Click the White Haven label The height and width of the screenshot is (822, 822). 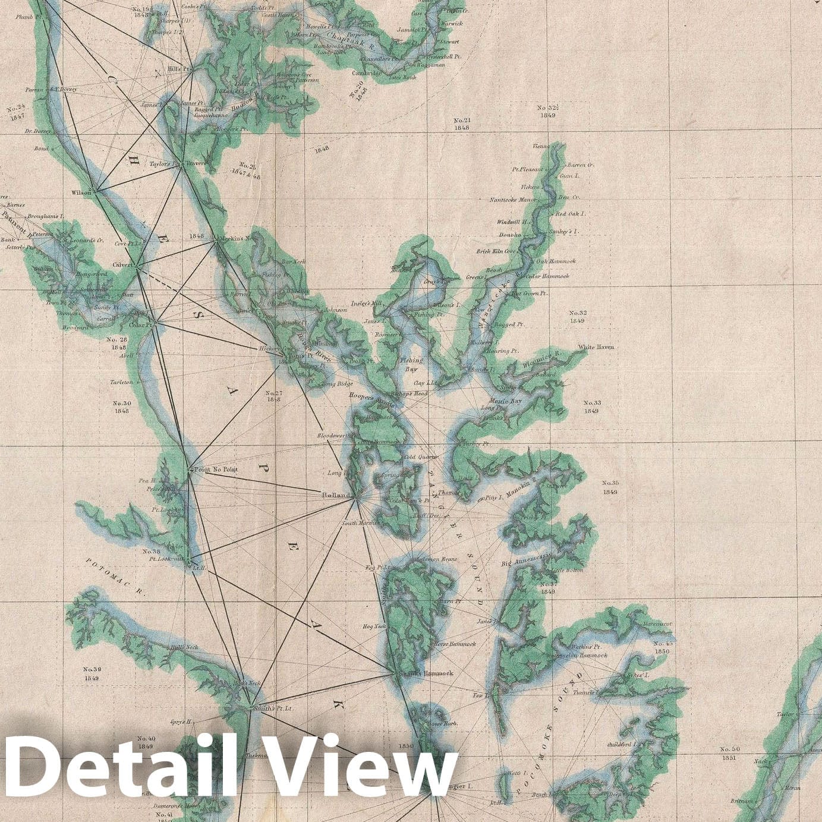click(596, 347)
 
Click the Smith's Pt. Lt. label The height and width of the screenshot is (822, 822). click(273, 708)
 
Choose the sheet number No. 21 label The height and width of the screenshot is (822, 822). click(461, 123)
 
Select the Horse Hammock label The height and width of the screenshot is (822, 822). click(455, 644)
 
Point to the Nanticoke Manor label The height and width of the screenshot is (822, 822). click(513, 200)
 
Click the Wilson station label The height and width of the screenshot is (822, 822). click(81, 193)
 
